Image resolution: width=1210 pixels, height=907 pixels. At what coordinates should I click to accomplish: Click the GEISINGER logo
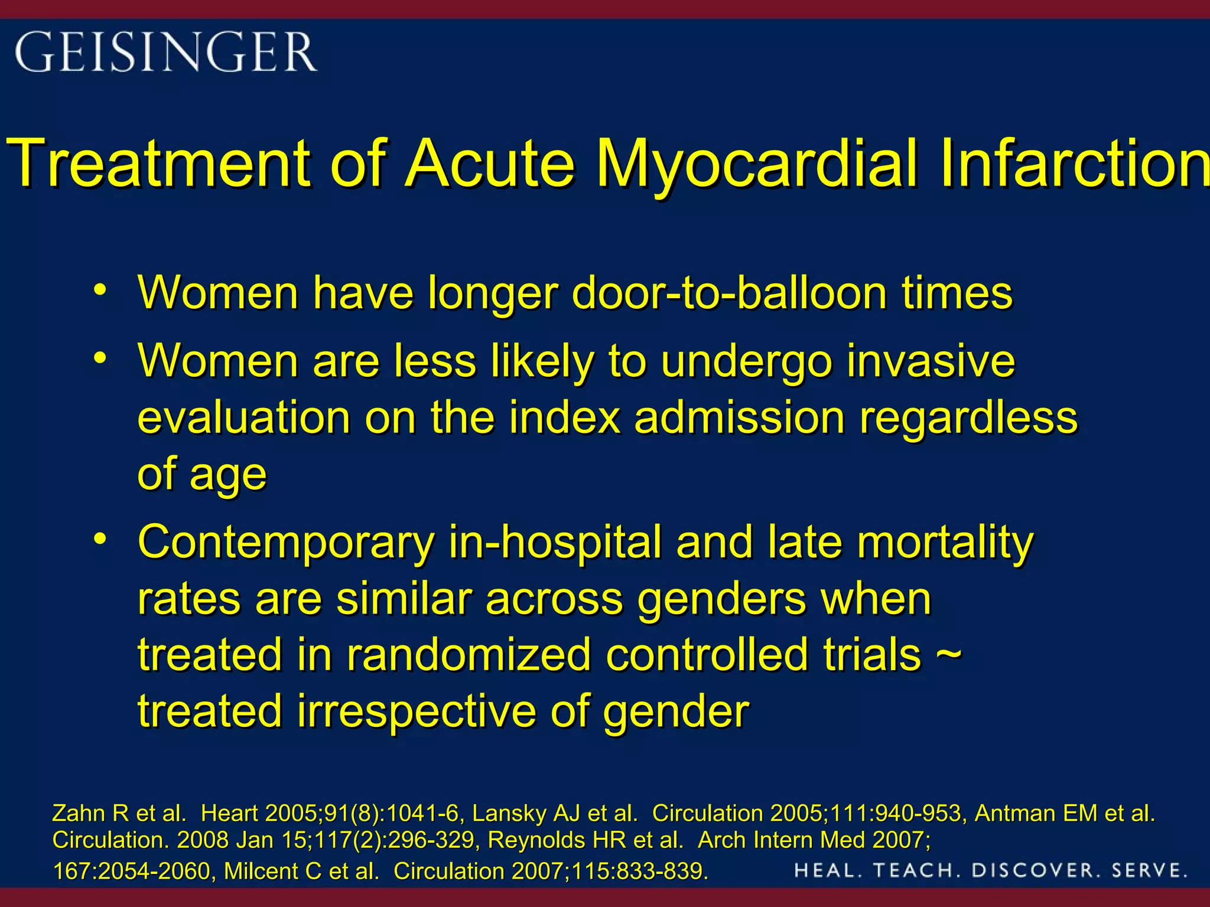[166, 52]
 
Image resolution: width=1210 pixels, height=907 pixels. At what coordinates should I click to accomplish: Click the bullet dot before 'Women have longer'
[100, 290]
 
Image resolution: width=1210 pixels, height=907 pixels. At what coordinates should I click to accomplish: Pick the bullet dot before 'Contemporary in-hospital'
[100, 539]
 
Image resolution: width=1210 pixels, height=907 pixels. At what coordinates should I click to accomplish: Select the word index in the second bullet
[565, 417]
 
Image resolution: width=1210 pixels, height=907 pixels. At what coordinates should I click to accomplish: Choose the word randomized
[469, 654]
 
